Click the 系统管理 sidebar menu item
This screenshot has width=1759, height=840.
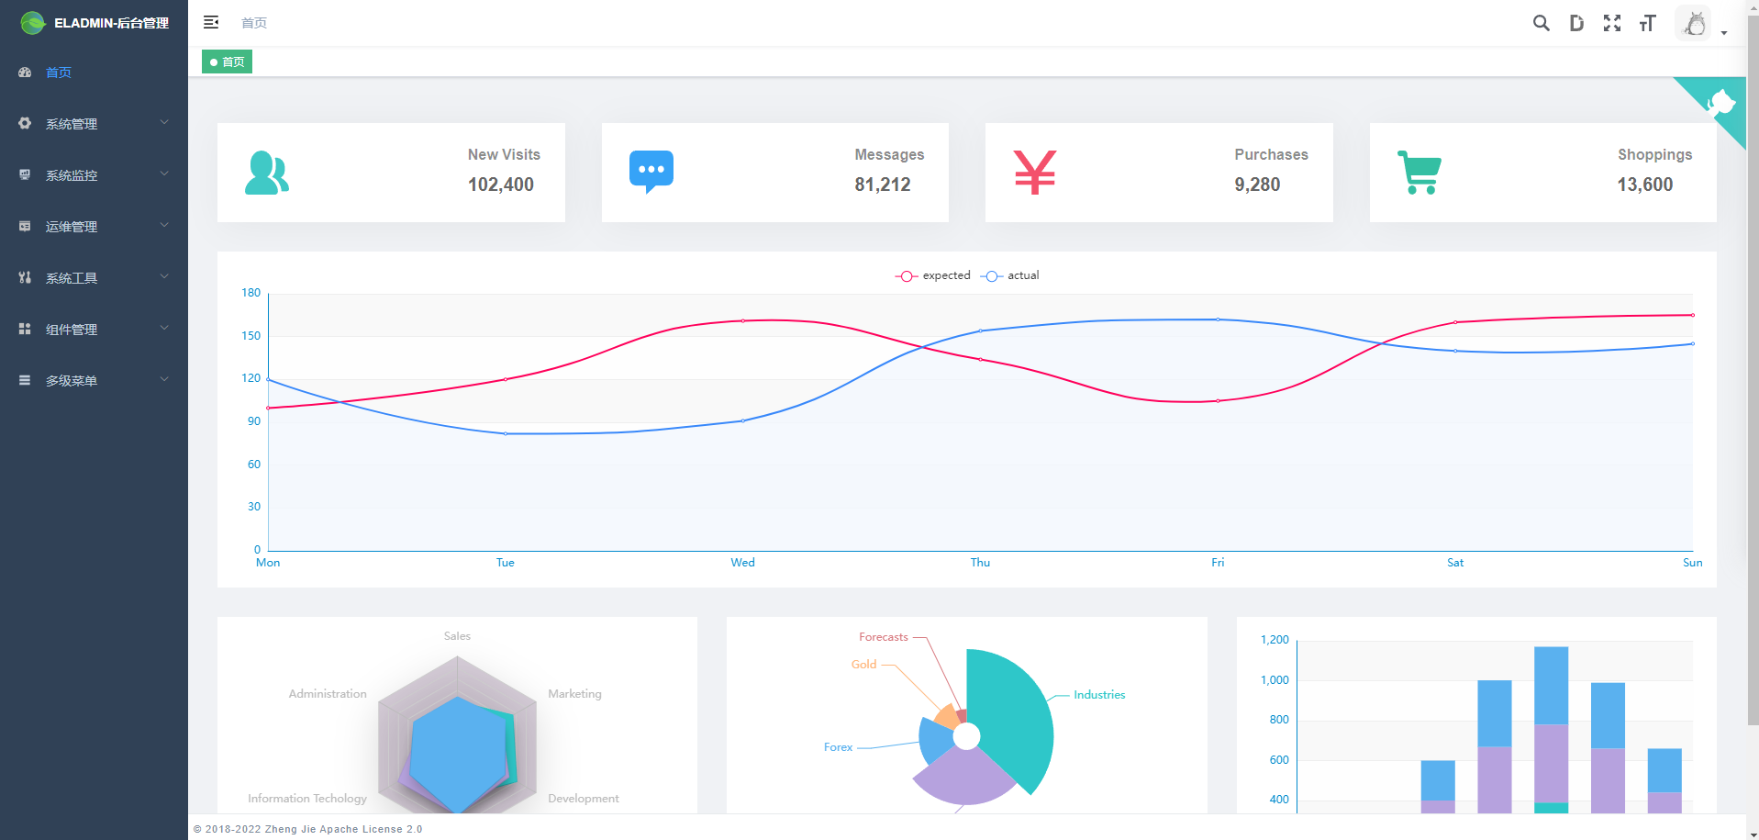point(72,124)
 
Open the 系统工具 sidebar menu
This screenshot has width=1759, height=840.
point(72,278)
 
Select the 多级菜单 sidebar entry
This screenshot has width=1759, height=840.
point(72,381)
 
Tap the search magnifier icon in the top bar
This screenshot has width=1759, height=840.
point(1541,23)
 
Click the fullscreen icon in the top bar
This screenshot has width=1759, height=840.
point(1611,23)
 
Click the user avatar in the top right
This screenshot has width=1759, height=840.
point(1694,24)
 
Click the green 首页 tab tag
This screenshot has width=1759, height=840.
point(227,62)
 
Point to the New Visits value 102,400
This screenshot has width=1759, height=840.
point(501,185)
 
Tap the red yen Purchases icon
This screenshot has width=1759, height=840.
point(1034,172)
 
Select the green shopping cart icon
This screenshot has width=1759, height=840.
point(1419,172)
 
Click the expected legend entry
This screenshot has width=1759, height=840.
point(933,275)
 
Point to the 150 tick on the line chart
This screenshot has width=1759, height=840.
point(250,336)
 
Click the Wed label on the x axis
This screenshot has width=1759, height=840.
point(742,563)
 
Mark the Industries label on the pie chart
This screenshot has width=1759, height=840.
point(1099,695)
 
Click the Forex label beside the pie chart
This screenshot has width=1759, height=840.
point(838,747)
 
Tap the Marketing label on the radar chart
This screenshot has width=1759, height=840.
point(574,694)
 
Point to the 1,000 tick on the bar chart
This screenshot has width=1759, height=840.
point(1274,680)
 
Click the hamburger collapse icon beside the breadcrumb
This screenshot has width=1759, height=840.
point(211,22)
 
